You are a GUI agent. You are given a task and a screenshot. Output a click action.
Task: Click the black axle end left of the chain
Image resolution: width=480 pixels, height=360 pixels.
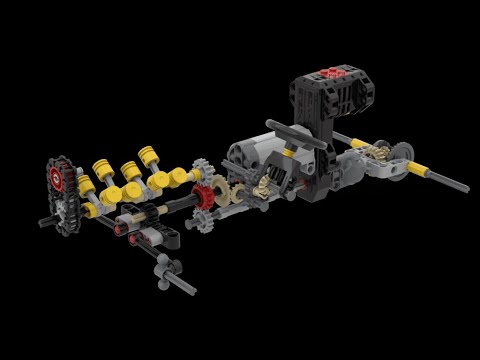45,221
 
